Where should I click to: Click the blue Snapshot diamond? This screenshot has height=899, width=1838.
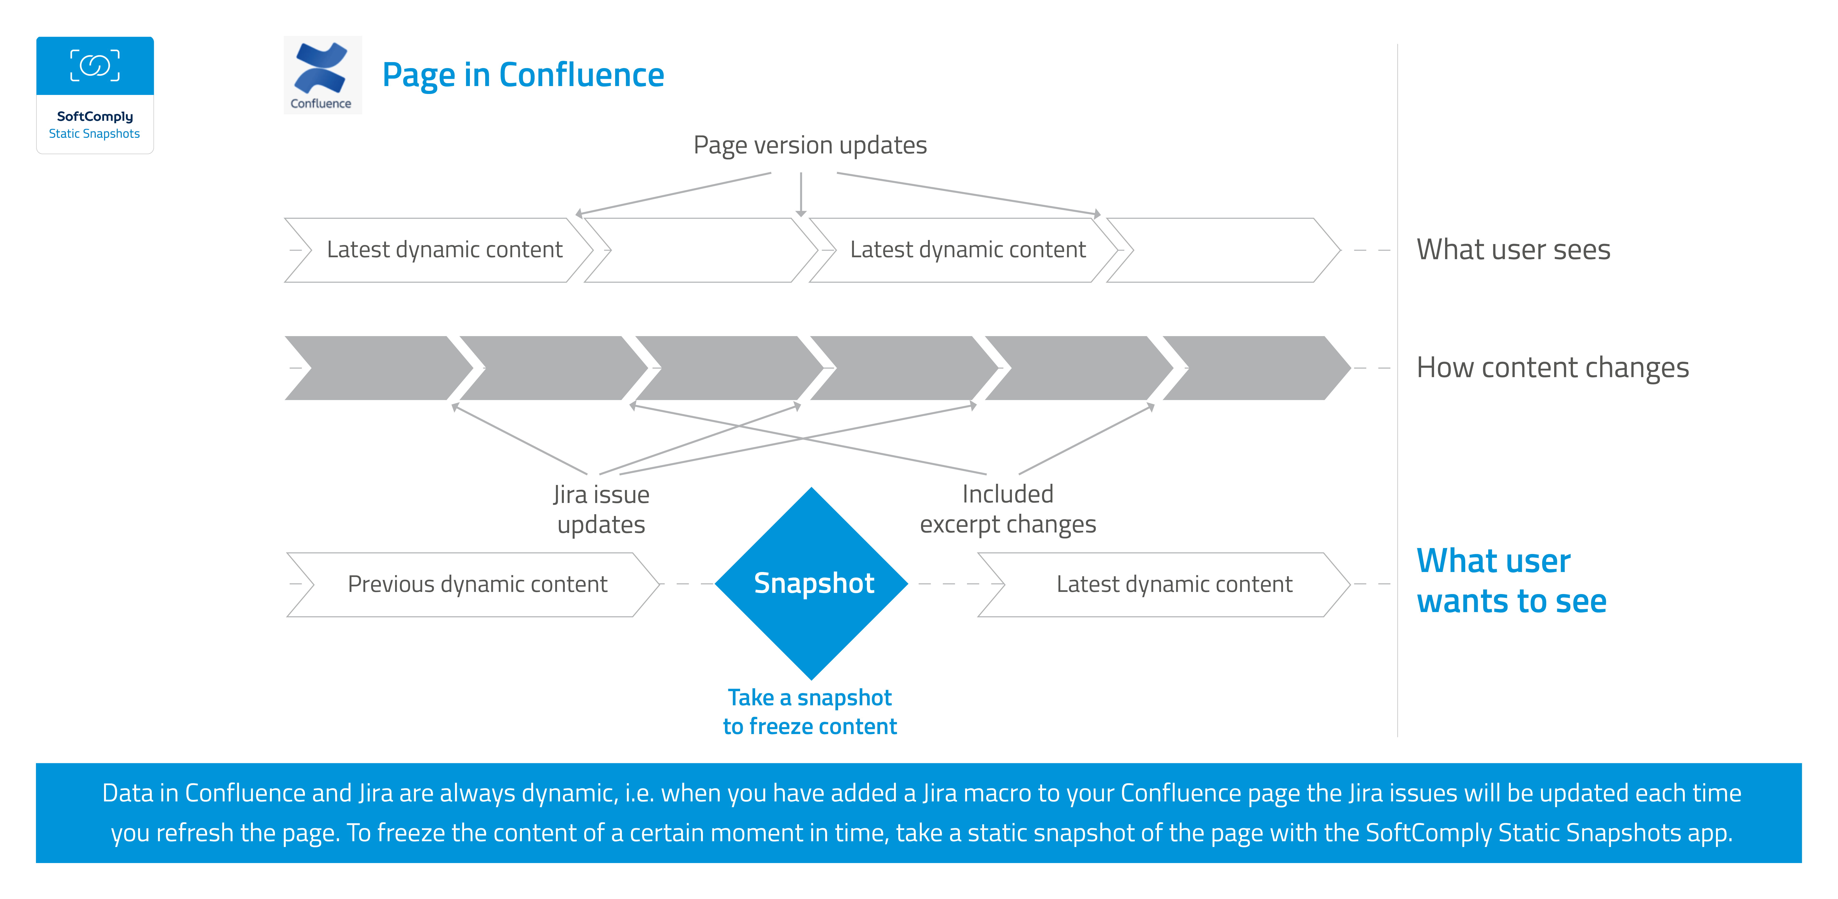(811, 584)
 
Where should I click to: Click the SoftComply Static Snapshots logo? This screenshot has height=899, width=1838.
(95, 95)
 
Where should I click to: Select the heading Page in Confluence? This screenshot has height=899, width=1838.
(523, 75)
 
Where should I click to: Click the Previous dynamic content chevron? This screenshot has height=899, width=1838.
(472, 584)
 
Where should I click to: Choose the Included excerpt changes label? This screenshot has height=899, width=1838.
(1008, 509)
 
